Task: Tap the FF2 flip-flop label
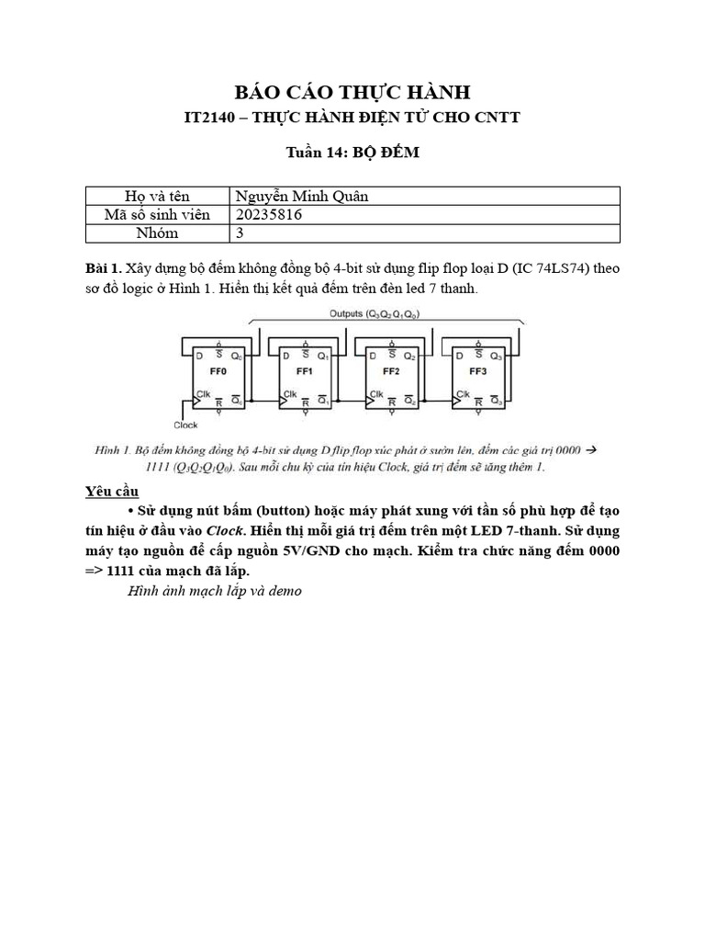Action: pyautogui.click(x=392, y=373)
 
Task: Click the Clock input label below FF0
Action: pyautogui.click(x=186, y=425)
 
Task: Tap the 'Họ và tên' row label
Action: pyautogui.click(x=157, y=196)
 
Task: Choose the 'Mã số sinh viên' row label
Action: pyautogui.click(x=157, y=214)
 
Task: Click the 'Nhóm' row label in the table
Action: pyautogui.click(x=157, y=232)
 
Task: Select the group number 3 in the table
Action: pyautogui.click(x=241, y=232)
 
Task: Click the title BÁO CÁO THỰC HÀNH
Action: pyautogui.click(x=352, y=92)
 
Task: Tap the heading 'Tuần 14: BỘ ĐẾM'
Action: pyautogui.click(x=352, y=153)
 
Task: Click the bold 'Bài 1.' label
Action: pyautogui.click(x=103, y=267)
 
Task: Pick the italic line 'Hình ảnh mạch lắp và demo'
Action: pyautogui.click(x=215, y=591)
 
